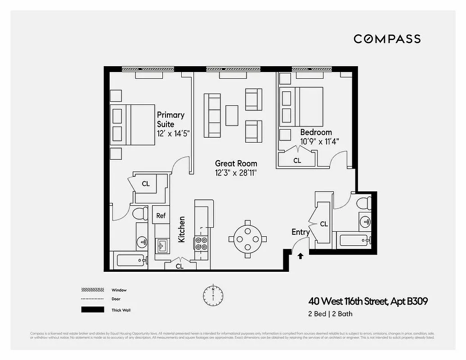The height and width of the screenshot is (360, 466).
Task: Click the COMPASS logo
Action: point(387,39)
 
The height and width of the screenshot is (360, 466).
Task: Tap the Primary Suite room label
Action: point(170,119)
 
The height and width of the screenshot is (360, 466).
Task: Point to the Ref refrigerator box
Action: point(161,216)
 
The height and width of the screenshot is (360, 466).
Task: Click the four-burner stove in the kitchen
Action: point(201,243)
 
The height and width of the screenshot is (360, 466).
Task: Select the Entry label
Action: point(300,232)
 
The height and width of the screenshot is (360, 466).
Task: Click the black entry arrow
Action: point(300,256)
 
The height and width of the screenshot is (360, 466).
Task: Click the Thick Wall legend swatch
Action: point(92,310)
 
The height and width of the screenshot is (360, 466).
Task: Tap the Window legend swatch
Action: point(92,290)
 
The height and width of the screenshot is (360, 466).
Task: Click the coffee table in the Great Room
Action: point(232,116)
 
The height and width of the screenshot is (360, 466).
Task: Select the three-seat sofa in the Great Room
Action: point(212,115)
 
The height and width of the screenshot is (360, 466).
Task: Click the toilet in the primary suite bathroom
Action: point(140,213)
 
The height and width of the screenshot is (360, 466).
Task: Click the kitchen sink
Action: point(161,246)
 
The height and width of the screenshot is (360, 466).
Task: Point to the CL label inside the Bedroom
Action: point(297,160)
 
